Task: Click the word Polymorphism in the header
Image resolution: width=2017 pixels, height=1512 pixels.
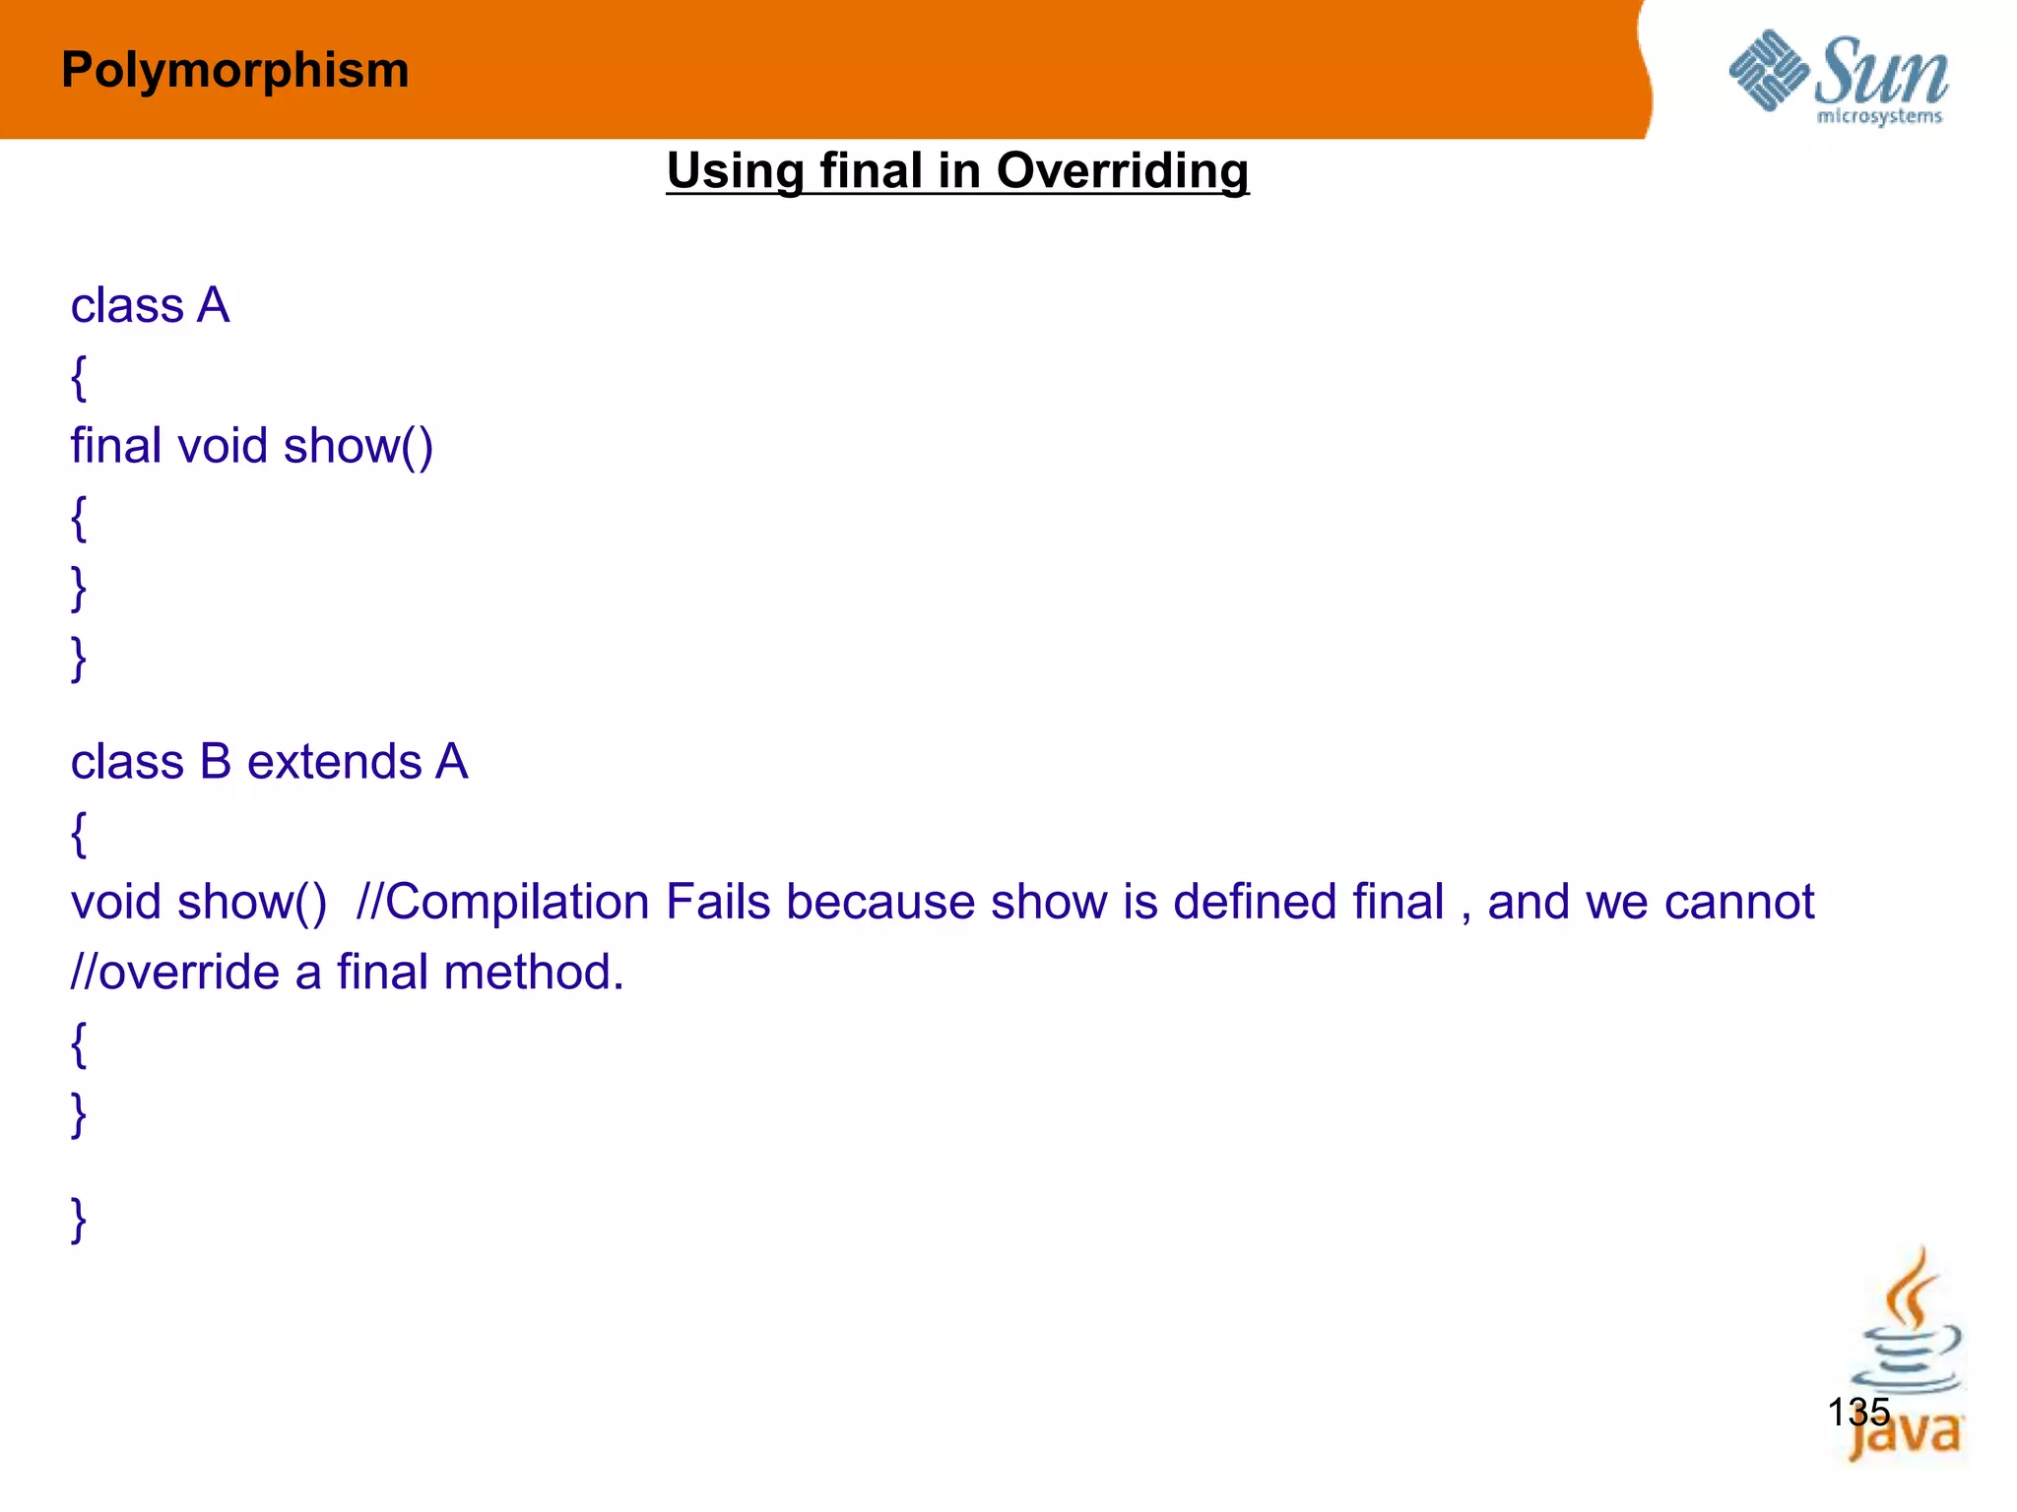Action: pos(234,71)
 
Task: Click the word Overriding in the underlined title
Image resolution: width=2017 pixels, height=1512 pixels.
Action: pos(1122,170)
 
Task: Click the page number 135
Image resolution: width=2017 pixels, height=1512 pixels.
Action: pos(1858,1412)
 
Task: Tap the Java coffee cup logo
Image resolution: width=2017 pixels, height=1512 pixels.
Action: pos(1907,1358)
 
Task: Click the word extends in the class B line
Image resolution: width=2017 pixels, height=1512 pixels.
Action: pos(335,762)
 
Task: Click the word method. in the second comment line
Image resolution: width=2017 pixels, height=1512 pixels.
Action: pos(534,973)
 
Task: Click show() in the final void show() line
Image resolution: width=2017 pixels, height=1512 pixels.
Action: pos(358,446)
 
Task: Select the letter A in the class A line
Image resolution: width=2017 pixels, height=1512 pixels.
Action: pos(213,305)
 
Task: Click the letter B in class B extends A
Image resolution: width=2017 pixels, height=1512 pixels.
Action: pos(216,762)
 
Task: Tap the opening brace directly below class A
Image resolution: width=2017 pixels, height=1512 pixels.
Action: pos(79,376)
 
